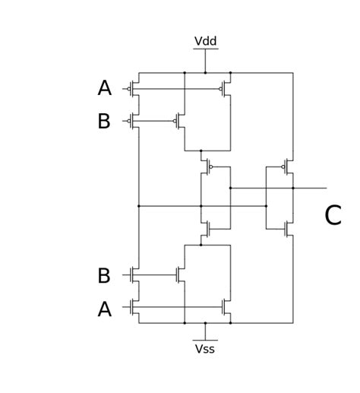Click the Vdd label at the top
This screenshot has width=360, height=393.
pos(205,41)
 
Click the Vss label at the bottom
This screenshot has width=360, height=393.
pos(205,349)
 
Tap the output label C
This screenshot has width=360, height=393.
pos(333,215)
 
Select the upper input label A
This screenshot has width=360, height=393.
pos(104,88)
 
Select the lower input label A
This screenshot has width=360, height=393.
pos(104,309)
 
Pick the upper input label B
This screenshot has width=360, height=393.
pos(104,121)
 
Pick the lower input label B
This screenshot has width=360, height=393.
pos(104,275)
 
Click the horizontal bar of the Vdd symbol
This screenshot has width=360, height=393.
pos(205,49)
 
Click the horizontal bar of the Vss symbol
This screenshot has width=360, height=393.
pos(205,340)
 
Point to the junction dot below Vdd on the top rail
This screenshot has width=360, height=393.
pos(205,73)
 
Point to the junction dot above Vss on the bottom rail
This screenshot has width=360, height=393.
pos(205,323)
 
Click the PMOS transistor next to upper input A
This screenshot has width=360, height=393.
pos(134,89)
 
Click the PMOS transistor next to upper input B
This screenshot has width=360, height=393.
pos(134,121)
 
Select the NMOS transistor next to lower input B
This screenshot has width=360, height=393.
pos(134,274)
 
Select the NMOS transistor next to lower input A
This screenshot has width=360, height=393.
pos(134,307)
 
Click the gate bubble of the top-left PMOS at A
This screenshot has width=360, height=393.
pos(128,89)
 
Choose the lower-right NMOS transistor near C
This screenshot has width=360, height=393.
pos(289,229)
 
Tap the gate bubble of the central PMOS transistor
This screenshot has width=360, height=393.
pos(211,166)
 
